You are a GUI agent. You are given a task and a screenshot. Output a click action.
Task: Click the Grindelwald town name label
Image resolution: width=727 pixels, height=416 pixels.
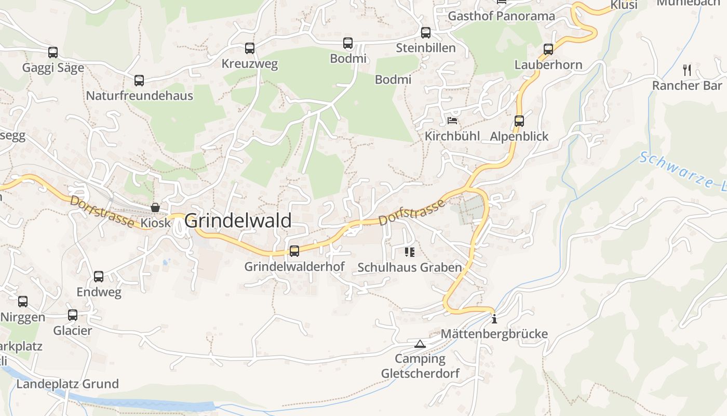(x=238, y=220)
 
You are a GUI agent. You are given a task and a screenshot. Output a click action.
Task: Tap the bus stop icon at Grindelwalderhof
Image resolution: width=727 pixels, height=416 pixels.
(x=294, y=251)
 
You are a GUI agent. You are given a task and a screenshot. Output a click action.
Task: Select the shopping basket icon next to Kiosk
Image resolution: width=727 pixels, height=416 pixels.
(x=155, y=207)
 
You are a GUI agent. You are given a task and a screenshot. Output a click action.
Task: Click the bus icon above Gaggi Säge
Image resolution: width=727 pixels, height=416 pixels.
(x=53, y=53)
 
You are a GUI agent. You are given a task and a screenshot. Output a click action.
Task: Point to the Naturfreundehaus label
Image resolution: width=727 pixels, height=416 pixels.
(x=139, y=96)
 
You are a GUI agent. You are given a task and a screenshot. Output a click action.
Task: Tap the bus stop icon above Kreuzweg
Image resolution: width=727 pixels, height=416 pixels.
(x=250, y=48)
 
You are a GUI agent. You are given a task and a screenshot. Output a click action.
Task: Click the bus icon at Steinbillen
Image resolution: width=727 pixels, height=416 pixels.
(x=426, y=33)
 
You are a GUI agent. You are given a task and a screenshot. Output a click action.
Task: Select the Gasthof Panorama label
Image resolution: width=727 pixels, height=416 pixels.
(x=501, y=16)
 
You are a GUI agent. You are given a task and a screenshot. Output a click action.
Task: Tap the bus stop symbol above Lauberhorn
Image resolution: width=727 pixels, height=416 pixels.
(x=548, y=49)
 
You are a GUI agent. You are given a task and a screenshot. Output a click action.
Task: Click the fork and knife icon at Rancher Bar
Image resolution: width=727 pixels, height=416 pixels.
(x=687, y=70)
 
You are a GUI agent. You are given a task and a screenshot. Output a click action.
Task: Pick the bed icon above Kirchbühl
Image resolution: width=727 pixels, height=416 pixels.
(x=453, y=121)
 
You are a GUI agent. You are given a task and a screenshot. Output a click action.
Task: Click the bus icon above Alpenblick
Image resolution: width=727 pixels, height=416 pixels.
(x=519, y=121)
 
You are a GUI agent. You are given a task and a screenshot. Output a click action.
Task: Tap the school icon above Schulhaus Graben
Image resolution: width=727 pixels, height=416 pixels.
(x=410, y=252)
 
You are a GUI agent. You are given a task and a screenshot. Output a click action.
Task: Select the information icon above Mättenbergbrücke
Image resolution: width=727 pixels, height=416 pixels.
(x=494, y=319)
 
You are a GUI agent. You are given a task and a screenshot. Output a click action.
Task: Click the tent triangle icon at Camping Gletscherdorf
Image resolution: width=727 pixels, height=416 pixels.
(x=420, y=344)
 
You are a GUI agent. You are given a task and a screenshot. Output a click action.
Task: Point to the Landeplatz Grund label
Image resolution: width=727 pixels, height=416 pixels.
(x=68, y=384)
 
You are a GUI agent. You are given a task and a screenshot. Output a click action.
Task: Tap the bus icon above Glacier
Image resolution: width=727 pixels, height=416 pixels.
(x=73, y=315)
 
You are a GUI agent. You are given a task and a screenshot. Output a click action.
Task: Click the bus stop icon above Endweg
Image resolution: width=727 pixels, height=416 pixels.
(x=99, y=277)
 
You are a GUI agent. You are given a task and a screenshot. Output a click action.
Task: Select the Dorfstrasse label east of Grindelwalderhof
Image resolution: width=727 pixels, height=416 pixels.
(x=412, y=211)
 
